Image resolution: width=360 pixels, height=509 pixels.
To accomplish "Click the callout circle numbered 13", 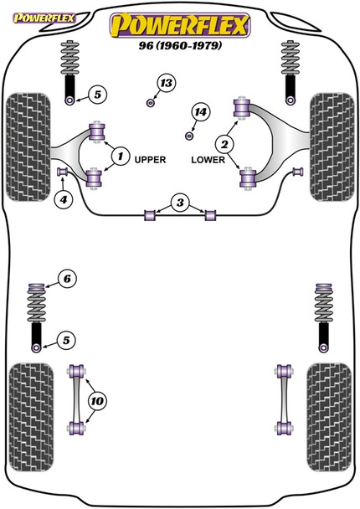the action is coord(167,83).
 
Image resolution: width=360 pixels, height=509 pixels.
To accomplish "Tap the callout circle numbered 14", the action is coord(200,112).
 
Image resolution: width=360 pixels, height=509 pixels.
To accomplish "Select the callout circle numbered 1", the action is coord(121,157).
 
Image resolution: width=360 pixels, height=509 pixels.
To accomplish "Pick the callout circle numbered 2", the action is coord(224,144).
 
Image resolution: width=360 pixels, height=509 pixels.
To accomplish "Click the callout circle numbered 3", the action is coord(180,203).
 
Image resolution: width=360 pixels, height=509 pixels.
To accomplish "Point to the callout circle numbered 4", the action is coord(64,199).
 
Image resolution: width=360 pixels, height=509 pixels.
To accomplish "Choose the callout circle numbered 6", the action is coord(67,279).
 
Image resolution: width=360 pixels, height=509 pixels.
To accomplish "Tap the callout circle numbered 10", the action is coord(97,401).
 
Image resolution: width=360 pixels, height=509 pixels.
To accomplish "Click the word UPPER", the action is coord(150,160).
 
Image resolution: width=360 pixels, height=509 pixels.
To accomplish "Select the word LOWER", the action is coord(208,160).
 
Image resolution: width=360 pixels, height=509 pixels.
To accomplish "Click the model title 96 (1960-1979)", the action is coord(180,45).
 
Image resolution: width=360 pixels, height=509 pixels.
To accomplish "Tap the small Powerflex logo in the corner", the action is coord(44,18).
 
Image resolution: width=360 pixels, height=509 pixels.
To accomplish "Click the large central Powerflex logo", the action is coord(180,25).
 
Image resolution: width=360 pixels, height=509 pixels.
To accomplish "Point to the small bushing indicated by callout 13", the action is coord(151,103).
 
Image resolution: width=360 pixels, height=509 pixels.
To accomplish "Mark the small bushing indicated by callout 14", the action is coord(189,136).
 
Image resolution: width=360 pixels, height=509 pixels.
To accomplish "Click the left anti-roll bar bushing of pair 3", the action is coord(150,215).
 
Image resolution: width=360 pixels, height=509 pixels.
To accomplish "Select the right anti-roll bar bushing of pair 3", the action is coord(210,215).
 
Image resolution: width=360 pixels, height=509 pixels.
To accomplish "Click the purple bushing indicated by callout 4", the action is coord(61,171).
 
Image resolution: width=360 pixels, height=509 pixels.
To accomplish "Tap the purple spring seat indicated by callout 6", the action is coord(36,288).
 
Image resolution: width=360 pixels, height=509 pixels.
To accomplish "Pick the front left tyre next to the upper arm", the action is coord(28,147).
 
